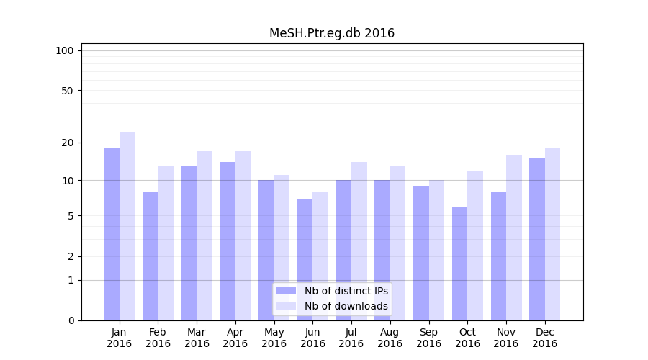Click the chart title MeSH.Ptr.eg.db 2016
pos(332,33)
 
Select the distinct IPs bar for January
pos(112,234)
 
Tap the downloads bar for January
pos(127,226)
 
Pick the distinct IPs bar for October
pos(459,264)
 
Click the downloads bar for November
pos(514,238)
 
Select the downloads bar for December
pos(552,234)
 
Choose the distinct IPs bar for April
pos(228,241)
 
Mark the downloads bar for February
pos(166,243)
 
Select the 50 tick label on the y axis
pos(67,91)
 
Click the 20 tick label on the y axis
pos(67,143)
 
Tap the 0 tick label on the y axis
pos(71,320)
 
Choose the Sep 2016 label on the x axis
pos(428,338)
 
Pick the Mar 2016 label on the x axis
pos(197,338)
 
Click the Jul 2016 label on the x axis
pos(351,338)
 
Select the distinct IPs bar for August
pos(382,250)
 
